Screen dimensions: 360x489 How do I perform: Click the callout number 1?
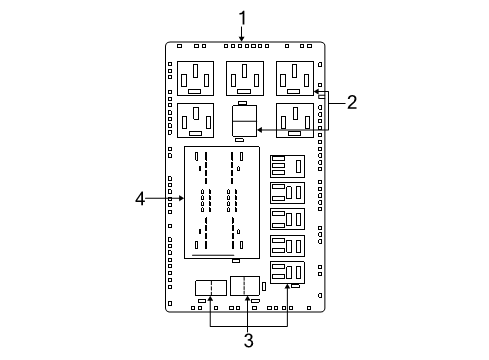242,17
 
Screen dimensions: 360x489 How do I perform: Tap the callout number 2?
351,101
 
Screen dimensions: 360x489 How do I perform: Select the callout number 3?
248,340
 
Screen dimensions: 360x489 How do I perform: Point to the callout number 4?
141,199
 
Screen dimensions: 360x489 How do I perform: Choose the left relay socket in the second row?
195,119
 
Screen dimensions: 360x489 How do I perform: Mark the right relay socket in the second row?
295,119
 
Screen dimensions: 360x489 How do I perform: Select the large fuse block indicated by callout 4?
221,202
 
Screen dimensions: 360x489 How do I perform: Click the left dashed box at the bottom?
210,288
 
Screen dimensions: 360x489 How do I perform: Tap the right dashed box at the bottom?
245,286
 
